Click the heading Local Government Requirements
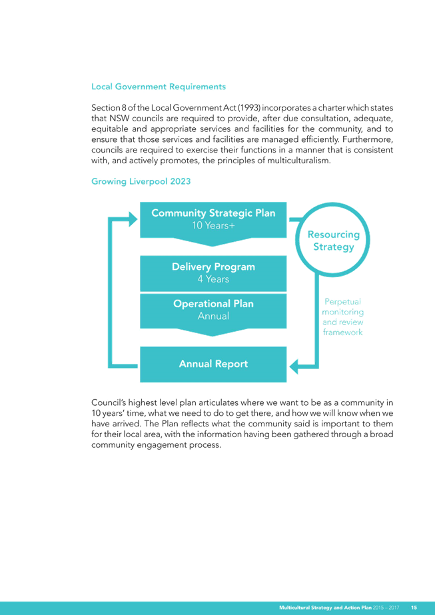click(x=159, y=87)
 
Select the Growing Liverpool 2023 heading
click(x=141, y=181)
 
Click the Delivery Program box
click(x=213, y=273)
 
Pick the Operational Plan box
click(x=213, y=312)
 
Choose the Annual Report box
click(x=213, y=364)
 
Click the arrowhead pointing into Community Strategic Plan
click(x=133, y=219)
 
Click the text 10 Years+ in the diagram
click(x=213, y=225)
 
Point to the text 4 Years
click(x=213, y=279)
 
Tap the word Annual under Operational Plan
click(x=213, y=316)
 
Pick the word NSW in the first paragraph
click(x=114, y=118)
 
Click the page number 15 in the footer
click(x=414, y=608)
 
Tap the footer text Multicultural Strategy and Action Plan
click(x=325, y=608)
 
